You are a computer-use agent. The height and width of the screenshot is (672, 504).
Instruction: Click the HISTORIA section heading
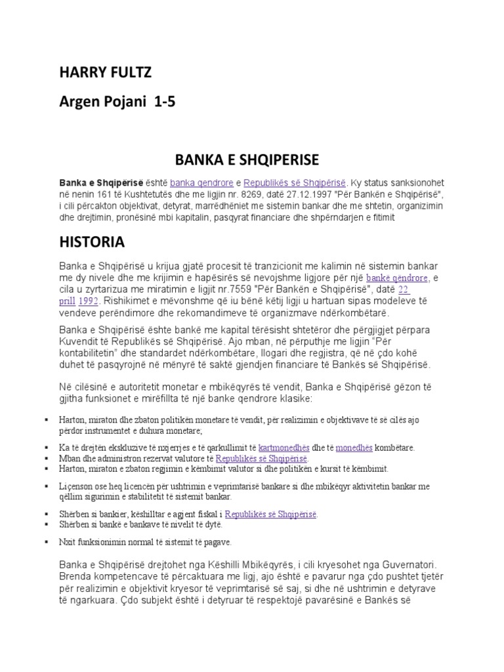pyautogui.click(x=91, y=242)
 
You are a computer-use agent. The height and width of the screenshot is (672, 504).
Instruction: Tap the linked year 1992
pyautogui.click(x=89, y=301)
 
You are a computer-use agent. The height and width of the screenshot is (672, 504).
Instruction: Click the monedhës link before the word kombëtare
pyautogui.click(x=354, y=448)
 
